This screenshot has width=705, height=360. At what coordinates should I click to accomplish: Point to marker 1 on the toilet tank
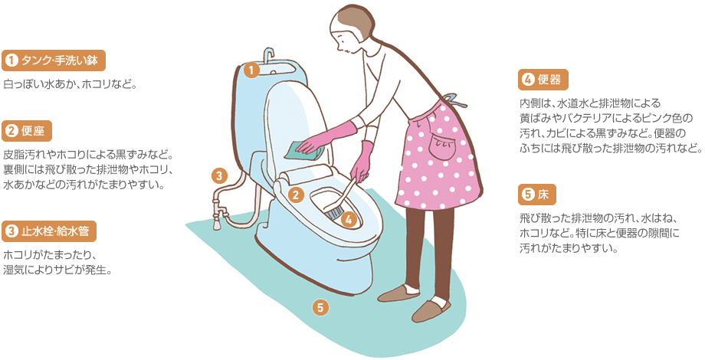[251, 70]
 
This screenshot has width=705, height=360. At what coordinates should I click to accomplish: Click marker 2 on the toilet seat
[295, 195]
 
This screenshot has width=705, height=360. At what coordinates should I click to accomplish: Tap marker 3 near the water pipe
[219, 175]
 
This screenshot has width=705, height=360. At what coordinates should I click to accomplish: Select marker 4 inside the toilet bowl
[349, 220]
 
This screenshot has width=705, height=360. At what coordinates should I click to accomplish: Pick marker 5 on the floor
[320, 308]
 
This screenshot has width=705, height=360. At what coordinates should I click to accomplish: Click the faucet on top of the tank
[269, 55]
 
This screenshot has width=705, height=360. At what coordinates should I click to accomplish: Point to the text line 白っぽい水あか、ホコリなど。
[70, 84]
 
